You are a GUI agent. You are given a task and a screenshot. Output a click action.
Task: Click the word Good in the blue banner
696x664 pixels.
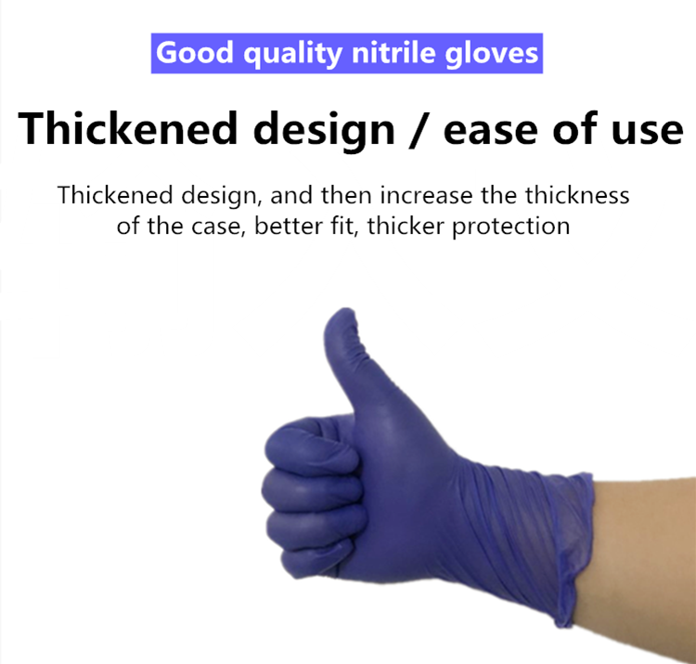(x=195, y=52)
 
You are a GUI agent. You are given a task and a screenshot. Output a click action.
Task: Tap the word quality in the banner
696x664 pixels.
(x=292, y=54)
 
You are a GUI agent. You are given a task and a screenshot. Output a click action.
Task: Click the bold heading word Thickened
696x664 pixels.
(x=127, y=128)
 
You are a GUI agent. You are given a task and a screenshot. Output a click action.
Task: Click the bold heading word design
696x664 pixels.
(x=324, y=130)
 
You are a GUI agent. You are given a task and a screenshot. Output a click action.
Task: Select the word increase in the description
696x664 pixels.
(x=426, y=195)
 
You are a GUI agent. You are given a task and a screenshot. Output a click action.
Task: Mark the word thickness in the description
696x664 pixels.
(x=577, y=195)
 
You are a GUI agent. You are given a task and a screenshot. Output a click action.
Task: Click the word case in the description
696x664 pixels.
(x=217, y=227)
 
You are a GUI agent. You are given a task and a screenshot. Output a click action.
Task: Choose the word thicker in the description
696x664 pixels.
(x=406, y=226)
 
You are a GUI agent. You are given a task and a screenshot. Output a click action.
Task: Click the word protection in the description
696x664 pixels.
(x=511, y=228)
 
